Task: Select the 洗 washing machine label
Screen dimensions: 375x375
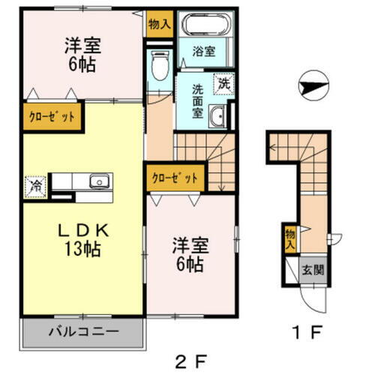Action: tap(223, 85)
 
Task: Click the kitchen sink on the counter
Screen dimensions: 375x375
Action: tap(98, 181)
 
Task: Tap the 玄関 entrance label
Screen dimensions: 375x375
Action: tap(313, 268)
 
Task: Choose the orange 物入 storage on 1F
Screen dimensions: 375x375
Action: tap(289, 239)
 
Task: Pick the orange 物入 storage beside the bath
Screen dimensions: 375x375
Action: tap(158, 24)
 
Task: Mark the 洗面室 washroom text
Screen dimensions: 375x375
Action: tap(198, 99)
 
